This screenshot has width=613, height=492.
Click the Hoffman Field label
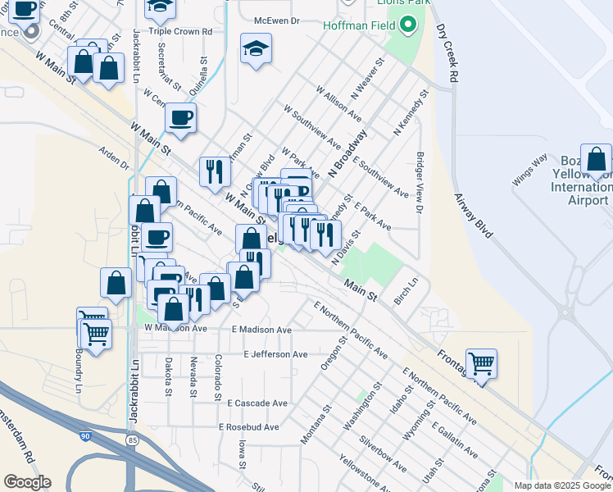pos(365,26)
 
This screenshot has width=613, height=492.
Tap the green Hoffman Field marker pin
pos(408,26)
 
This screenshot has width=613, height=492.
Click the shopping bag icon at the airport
pos(596,159)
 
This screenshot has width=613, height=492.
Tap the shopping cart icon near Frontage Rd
pos(481,362)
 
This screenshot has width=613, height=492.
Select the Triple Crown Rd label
pos(180,31)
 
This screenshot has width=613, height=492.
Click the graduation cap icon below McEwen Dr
pos(256,48)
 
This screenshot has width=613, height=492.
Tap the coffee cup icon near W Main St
pos(180,117)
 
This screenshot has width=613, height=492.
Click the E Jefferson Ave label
pos(275,354)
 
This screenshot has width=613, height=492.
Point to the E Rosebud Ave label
pos(249,427)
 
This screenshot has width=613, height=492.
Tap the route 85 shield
pos(131,441)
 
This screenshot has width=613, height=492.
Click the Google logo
pos(27,482)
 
